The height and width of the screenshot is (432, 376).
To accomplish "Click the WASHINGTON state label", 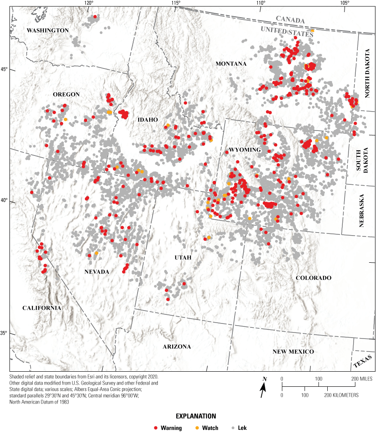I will [x=47, y=30].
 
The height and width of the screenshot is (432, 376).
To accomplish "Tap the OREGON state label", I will [x=66, y=94].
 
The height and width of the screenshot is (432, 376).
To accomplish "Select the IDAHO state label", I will [x=147, y=119].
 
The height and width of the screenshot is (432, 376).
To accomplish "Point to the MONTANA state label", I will [x=231, y=64].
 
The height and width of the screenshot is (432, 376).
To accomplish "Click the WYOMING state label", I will [x=245, y=149].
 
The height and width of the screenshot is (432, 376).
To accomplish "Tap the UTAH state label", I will [x=182, y=258].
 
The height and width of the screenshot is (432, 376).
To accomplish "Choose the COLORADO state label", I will [x=313, y=278].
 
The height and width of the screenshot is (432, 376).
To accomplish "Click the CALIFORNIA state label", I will [x=42, y=308].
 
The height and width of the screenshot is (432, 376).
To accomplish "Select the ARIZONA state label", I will [x=177, y=347].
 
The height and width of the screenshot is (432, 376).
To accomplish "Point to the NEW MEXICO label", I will [x=293, y=352].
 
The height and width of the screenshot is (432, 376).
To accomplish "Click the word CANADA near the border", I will [x=290, y=20].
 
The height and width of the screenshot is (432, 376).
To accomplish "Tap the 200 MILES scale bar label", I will [x=360, y=378].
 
